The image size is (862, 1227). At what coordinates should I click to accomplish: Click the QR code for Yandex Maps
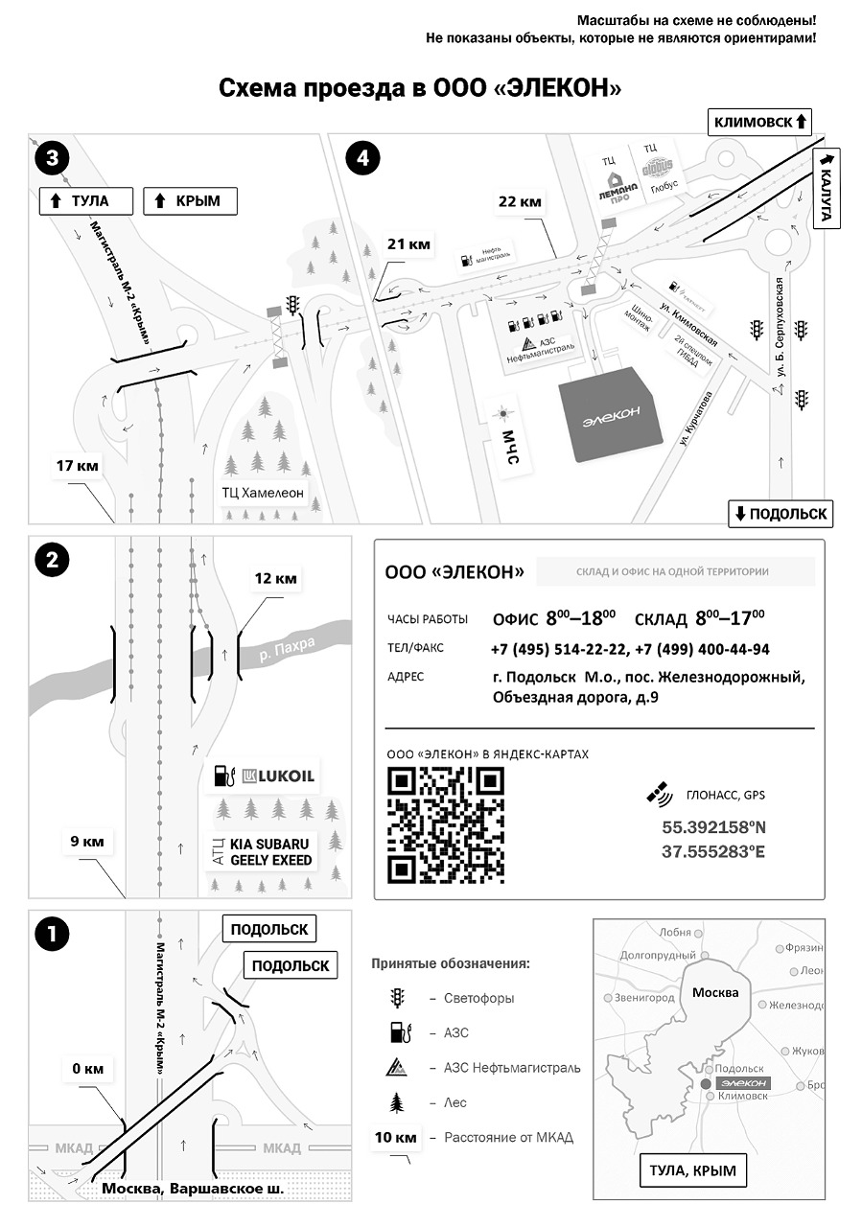point(445,826)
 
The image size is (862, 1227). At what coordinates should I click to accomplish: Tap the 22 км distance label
point(520,202)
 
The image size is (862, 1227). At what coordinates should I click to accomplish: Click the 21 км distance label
point(408,244)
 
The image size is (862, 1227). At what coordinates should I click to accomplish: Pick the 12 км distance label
point(275,578)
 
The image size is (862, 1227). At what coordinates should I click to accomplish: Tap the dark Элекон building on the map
point(611,413)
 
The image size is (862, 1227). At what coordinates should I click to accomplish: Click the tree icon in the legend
point(396,1103)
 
